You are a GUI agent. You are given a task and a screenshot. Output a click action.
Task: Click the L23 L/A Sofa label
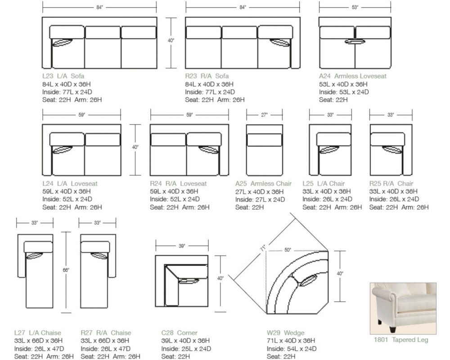63,76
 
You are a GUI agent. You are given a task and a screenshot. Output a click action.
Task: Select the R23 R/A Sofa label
207,76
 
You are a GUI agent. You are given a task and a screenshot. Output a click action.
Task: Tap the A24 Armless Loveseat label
353,76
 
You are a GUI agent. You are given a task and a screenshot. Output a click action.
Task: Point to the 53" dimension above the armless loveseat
355,7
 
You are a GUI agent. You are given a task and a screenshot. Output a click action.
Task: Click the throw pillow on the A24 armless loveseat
355,42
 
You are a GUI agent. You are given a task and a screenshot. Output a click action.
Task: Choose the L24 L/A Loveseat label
70,184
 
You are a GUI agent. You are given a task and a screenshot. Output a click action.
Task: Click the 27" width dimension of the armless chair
265,115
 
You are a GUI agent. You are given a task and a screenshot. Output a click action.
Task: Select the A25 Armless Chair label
263,184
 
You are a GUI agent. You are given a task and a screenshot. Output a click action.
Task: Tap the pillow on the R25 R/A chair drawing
391,149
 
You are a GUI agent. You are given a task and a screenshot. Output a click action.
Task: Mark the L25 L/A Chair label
324,184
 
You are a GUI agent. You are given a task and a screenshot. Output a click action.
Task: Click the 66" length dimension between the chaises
66,270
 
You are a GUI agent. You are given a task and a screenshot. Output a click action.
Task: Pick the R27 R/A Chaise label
106,333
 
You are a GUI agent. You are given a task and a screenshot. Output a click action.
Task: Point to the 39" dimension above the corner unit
182,246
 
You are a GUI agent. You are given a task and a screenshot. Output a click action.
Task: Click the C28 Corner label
179,333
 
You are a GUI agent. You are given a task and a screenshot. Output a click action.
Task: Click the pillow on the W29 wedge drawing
307,281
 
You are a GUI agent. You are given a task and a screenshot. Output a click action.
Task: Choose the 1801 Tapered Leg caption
401,340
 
